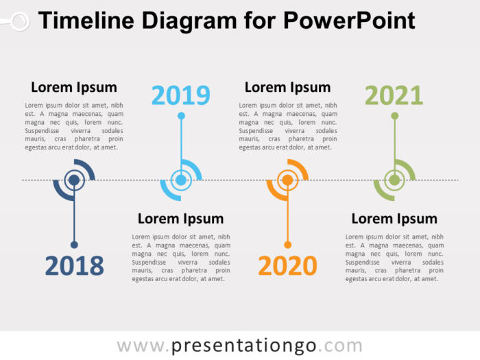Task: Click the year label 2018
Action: point(74,266)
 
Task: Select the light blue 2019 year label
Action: point(181,95)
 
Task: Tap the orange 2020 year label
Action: point(287,266)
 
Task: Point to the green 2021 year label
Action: point(394,95)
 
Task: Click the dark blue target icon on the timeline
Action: point(74,180)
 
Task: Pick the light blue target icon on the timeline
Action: point(181,180)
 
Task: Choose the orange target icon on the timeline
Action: point(287,180)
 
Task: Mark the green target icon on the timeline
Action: point(394,180)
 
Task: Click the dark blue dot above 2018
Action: point(74,245)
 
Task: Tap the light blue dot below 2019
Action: point(181,116)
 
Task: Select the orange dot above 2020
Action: point(287,245)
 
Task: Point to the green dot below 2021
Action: point(394,116)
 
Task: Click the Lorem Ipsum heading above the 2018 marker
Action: point(74,88)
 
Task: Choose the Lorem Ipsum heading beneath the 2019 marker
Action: point(180,219)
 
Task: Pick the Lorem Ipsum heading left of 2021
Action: point(287,88)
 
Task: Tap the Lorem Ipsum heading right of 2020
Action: point(394,219)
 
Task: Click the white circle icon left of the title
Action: point(19,21)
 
